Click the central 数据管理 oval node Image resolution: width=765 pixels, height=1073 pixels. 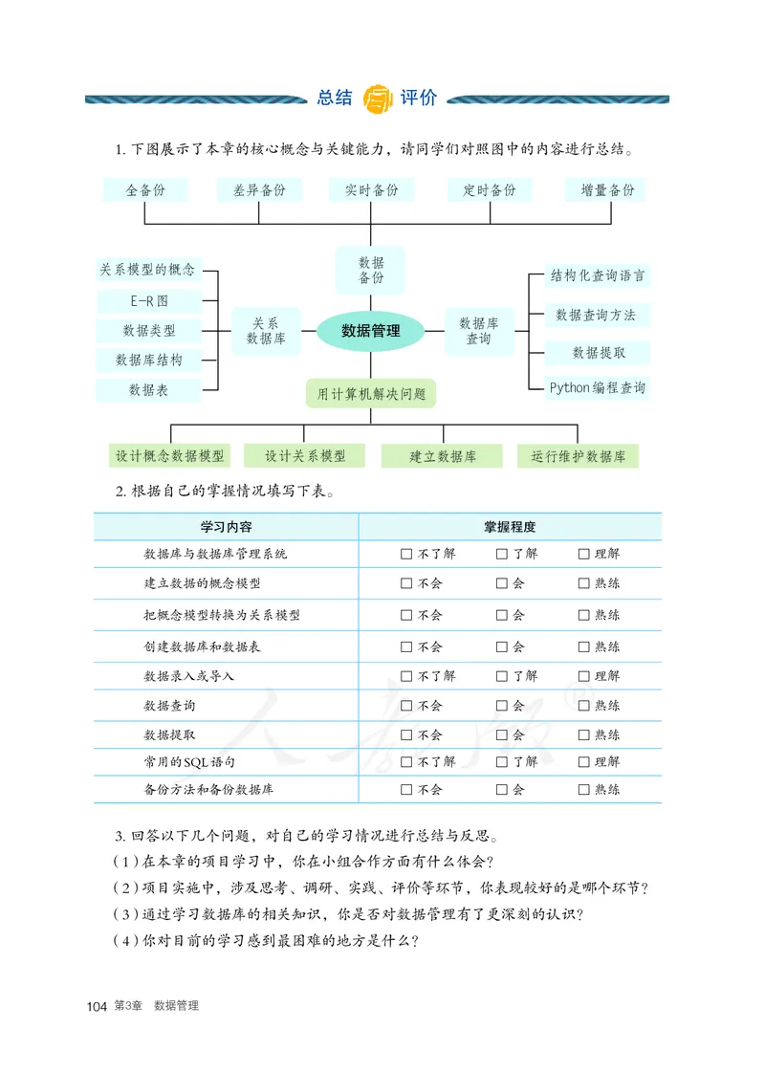point(371,332)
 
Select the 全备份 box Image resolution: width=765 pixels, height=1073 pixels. point(144,190)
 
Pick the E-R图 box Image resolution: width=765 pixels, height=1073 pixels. point(149,300)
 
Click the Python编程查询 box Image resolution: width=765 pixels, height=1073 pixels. point(597,387)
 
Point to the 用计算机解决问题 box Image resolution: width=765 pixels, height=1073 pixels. point(371,393)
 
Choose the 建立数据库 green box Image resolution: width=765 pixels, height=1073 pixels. point(442,456)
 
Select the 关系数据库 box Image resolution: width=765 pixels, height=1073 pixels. point(266,331)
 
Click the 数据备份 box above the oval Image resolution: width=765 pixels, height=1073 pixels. point(371,270)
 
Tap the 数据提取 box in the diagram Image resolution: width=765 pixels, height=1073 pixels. point(599,353)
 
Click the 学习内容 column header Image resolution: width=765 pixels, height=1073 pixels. point(226,527)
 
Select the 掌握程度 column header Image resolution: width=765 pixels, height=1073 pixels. point(510,527)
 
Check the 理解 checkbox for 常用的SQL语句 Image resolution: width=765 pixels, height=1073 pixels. point(583,762)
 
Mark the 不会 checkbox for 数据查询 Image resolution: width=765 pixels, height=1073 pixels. point(406,707)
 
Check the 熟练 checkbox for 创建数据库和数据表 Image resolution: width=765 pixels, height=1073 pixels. point(583,647)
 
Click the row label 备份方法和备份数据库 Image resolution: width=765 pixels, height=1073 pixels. point(202,790)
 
